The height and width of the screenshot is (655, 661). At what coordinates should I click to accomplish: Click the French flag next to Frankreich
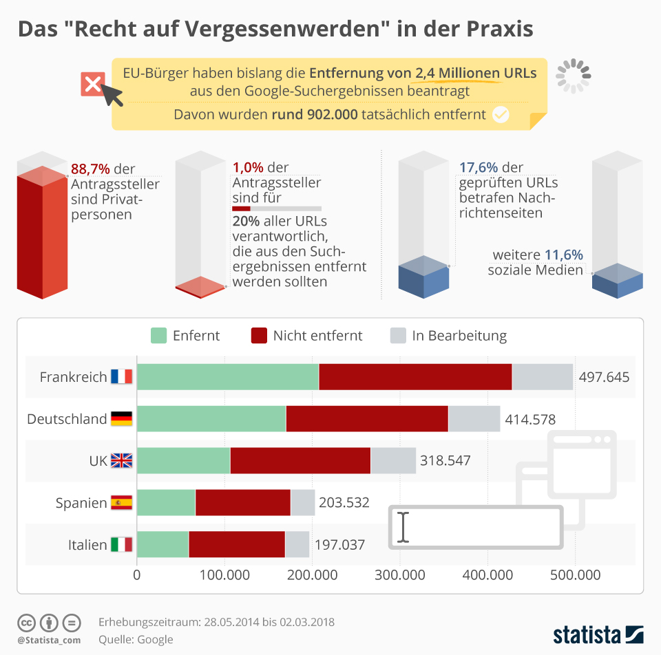(x=121, y=377)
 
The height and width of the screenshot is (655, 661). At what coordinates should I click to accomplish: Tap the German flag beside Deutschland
(x=121, y=419)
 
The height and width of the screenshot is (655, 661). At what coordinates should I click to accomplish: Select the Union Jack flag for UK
(x=121, y=461)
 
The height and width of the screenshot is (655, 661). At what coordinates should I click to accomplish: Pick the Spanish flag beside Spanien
(x=121, y=503)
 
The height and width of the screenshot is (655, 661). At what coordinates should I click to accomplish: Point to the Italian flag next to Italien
(x=121, y=545)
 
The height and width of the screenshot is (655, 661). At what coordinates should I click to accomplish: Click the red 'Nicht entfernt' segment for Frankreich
(x=415, y=377)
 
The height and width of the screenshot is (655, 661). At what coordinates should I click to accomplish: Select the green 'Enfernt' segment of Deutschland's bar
(x=211, y=419)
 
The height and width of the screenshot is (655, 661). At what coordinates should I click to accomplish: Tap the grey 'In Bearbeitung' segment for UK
(x=393, y=461)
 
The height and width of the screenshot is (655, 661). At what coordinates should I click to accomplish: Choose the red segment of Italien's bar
(x=236, y=545)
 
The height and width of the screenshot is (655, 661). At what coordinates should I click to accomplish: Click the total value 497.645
(x=604, y=377)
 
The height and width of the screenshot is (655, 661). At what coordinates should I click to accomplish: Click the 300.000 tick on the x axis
(x=400, y=575)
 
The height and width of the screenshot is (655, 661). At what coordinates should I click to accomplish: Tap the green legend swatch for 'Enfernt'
(x=159, y=336)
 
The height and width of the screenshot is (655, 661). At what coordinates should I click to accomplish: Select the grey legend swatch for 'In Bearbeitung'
(x=399, y=336)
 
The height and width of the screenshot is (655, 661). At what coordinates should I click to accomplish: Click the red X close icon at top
(x=93, y=85)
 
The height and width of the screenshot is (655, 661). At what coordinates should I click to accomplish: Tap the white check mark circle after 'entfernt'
(x=501, y=114)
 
